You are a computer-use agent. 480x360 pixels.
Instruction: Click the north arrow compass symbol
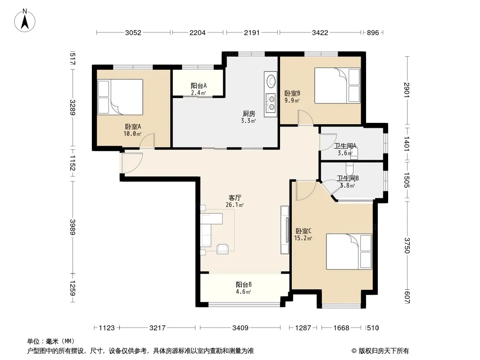coord(25,20)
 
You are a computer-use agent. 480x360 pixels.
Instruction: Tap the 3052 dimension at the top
coord(133,33)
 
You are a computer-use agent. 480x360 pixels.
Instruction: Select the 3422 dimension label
coord(320,33)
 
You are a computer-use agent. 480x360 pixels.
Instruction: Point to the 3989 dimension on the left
coord(72,227)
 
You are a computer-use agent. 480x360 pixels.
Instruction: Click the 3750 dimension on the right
coord(407,246)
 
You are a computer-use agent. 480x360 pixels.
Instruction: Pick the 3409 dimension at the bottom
coord(240,328)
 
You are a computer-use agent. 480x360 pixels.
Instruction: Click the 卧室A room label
coord(133,126)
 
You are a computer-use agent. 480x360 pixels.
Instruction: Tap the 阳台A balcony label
coord(199,85)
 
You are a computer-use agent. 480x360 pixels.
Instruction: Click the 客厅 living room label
coord(235,198)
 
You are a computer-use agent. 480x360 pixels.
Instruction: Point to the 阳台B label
coord(244,284)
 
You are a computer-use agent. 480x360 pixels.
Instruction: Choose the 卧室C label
coord(303,231)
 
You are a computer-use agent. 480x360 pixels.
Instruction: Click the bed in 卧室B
coord(337,85)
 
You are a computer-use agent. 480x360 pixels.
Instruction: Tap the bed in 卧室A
coord(120,97)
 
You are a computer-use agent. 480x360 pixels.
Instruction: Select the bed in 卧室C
coord(349,252)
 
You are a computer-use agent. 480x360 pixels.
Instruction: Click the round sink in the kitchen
coord(271,81)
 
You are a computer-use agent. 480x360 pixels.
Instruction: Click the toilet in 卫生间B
coord(349,168)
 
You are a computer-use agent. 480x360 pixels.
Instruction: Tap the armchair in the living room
coord(222,249)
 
